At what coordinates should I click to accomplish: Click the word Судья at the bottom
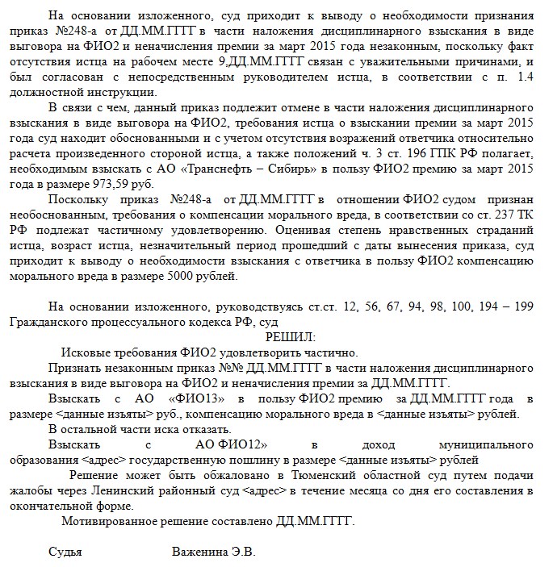coord(65,552)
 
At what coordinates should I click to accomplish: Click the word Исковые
coord(90,352)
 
